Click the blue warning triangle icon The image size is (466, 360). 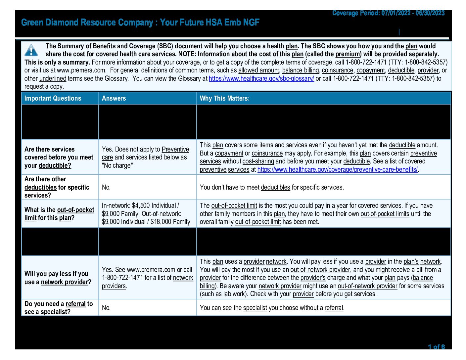tap(31, 50)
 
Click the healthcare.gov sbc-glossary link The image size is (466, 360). tap(261, 78)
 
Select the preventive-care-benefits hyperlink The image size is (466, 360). tap(337, 169)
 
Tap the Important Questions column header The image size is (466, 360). tap(53, 98)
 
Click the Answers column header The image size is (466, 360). tap(114, 98)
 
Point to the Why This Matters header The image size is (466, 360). tap(225, 98)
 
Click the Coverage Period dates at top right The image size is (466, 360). tap(388, 13)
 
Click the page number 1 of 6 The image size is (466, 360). tap(436, 347)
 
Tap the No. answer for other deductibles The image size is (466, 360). tap(106, 187)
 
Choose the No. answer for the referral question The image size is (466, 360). tap(106, 308)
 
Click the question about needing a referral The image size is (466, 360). tap(58, 308)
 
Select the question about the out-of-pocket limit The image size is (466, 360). tap(59, 214)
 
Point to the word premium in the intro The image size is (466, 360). tap(348, 54)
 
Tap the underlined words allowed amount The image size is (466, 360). tap(258, 70)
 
